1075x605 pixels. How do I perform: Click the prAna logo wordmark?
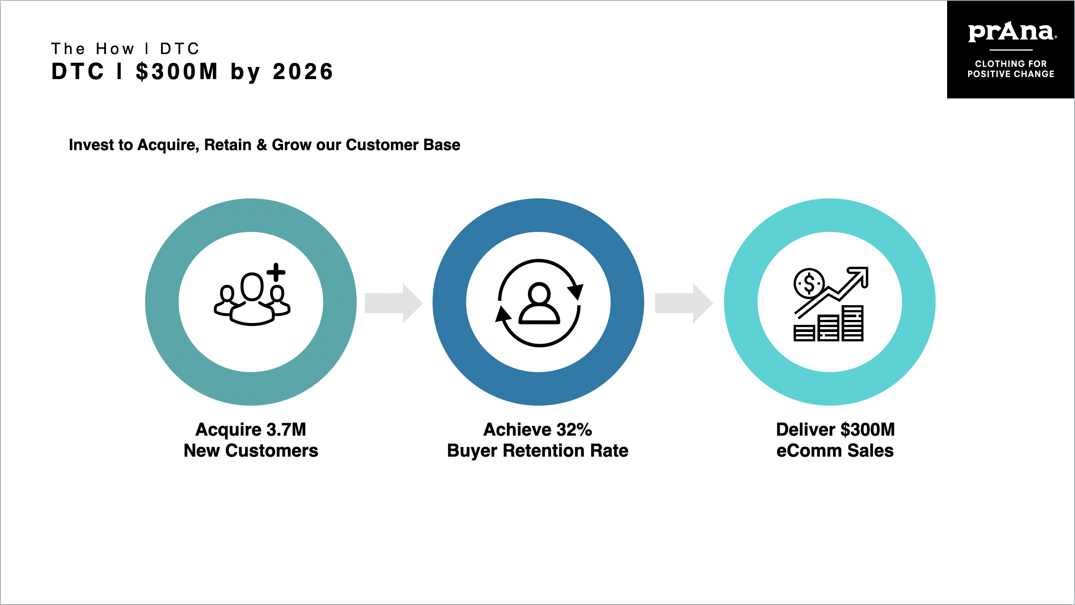(1011, 32)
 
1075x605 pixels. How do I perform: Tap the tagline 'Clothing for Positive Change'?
(1011, 69)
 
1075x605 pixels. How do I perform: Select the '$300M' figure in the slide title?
(177, 72)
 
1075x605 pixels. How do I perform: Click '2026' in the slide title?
(303, 72)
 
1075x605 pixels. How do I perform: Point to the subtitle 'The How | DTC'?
(125, 48)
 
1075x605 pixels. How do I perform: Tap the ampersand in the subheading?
(262, 145)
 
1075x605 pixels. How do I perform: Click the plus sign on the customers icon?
(276, 272)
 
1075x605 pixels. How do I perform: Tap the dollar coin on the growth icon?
(808, 283)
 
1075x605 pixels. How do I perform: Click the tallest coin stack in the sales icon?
(852, 324)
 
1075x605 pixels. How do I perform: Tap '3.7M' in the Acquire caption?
(286, 429)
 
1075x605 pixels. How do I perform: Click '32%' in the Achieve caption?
(574, 429)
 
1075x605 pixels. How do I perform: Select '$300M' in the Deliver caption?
(868, 429)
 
